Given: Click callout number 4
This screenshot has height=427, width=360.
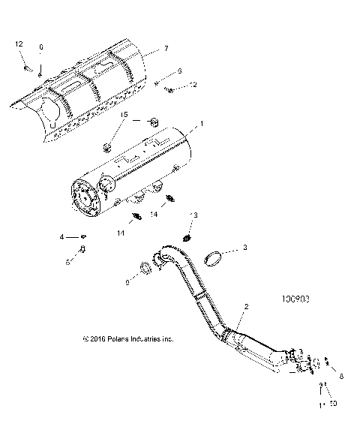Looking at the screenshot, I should pos(62,237).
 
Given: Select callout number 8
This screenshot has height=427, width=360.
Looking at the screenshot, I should pos(342,377).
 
